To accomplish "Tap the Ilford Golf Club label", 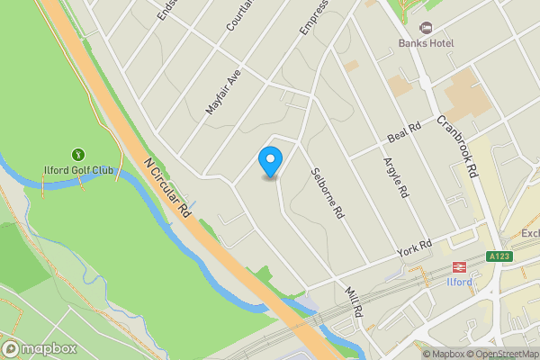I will tap(79, 171).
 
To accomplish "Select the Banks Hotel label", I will tap(427, 42).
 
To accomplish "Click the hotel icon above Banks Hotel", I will tap(427, 27).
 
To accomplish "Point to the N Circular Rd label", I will tap(166, 187).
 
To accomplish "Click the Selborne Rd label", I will tap(328, 193).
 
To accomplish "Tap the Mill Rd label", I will tap(353, 302).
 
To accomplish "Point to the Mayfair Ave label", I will tap(224, 92).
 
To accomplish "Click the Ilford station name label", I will tap(460, 282).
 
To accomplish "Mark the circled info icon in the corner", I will tap(414, 354).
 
